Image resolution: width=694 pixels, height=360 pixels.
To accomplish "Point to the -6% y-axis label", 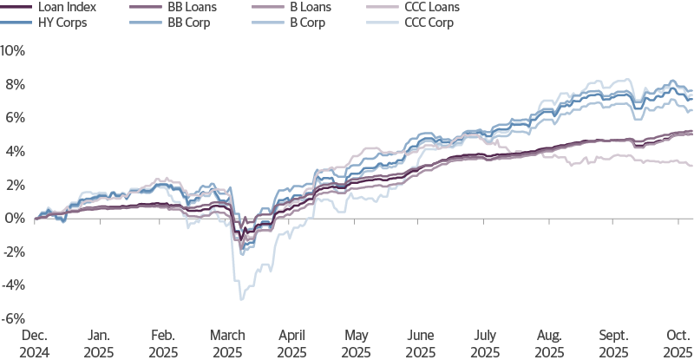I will (x=15, y=319).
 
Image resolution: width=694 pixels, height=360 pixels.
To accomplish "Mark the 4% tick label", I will (x=16, y=151).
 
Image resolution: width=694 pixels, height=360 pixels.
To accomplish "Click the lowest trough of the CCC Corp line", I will (x=241, y=299).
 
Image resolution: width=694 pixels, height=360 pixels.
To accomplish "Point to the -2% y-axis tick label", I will (x=15, y=252).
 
